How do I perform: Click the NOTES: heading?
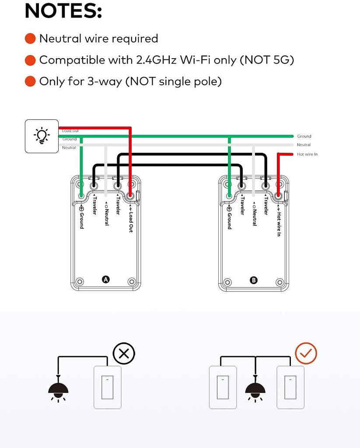click(x=63, y=11)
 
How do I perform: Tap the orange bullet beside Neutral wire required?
click(x=30, y=38)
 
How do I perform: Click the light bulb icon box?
click(x=42, y=136)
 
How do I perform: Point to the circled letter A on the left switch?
click(x=105, y=280)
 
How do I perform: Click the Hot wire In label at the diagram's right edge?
click(x=307, y=154)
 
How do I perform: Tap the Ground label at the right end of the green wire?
click(x=304, y=136)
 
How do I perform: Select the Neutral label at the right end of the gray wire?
click(x=304, y=145)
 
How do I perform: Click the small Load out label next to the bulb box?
click(x=70, y=131)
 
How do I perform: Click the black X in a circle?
click(x=124, y=353)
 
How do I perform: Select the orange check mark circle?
click(x=306, y=353)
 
